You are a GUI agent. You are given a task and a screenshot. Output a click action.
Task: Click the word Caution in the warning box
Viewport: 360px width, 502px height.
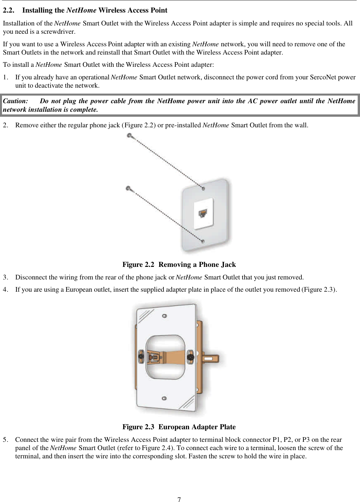pyautogui.click(x=15, y=101)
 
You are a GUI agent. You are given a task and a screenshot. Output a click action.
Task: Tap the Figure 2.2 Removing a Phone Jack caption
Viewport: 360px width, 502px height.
pyautogui.click(x=179, y=265)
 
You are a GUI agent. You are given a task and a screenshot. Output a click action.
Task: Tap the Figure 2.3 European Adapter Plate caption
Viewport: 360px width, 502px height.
pyautogui.click(x=179, y=427)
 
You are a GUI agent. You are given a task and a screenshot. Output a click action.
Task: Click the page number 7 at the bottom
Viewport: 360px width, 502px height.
pyautogui.click(x=179, y=499)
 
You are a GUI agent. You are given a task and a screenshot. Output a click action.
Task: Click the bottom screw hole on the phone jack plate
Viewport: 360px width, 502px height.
pyautogui.click(x=203, y=241)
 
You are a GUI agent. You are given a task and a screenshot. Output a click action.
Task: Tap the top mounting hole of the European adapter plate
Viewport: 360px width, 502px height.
pyautogui.click(x=164, y=316)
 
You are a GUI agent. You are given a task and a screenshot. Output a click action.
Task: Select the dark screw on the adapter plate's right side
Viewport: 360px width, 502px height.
pyautogui.click(x=190, y=357)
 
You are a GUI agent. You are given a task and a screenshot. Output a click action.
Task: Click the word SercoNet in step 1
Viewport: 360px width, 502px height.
pyautogui.click(x=322, y=77)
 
